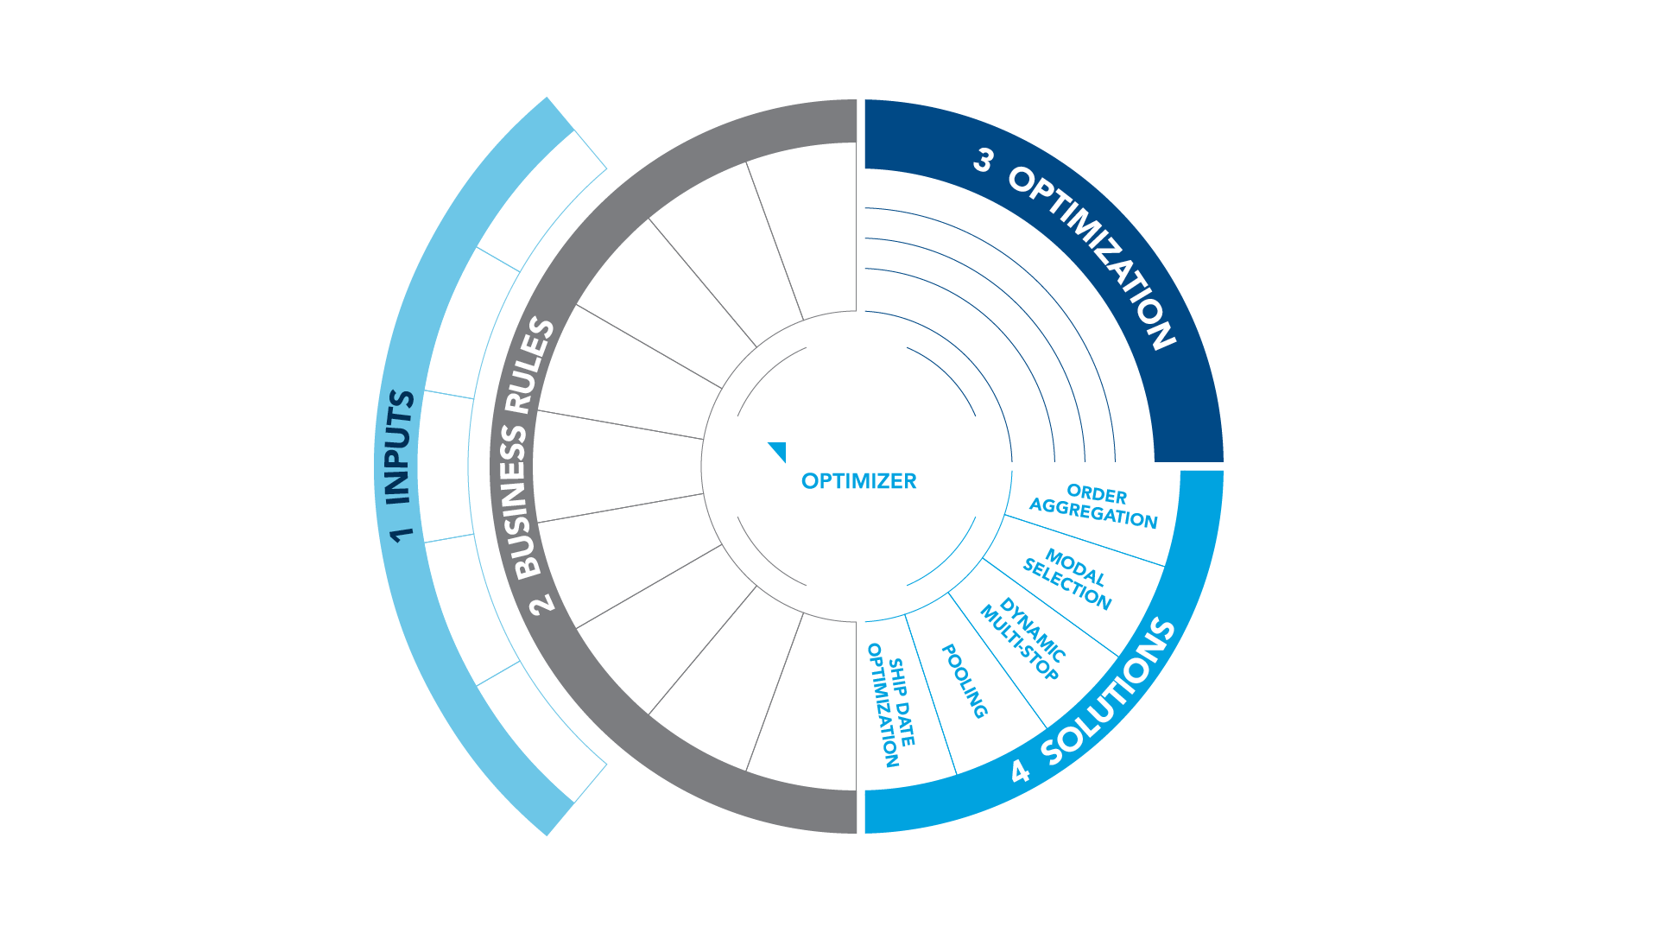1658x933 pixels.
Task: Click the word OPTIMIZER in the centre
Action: pyautogui.click(x=858, y=481)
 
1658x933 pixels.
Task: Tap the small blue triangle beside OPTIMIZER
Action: pyautogui.click(x=778, y=451)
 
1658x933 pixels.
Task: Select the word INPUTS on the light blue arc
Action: pyautogui.click(x=400, y=447)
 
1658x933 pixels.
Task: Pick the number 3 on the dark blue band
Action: pyautogui.click(x=983, y=160)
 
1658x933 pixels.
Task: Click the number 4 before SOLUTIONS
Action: pyautogui.click(x=1021, y=771)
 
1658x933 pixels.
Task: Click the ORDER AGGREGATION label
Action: pyautogui.click(x=1094, y=505)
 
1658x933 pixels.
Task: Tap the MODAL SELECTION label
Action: pyautogui.click(x=1069, y=578)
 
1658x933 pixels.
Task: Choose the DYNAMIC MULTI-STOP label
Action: pyautogui.click(x=1024, y=640)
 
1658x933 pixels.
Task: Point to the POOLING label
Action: pyautogui.click(x=965, y=681)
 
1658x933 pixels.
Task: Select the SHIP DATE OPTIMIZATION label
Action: pyautogui.click(x=892, y=704)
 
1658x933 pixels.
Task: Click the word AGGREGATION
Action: pyautogui.click(x=1093, y=514)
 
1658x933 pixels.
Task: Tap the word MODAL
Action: pyautogui.click(x=1075, y=568)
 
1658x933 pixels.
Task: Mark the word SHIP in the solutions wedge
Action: pyautogui.click(x=897, y=673)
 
